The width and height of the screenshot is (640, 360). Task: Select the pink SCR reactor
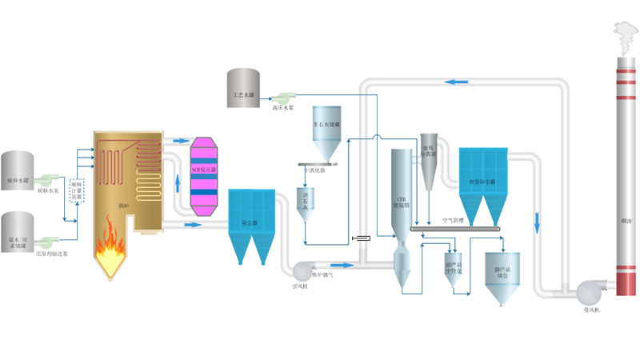203,170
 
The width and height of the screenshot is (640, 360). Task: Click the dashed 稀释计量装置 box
77,190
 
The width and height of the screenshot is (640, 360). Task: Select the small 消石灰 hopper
305,204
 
